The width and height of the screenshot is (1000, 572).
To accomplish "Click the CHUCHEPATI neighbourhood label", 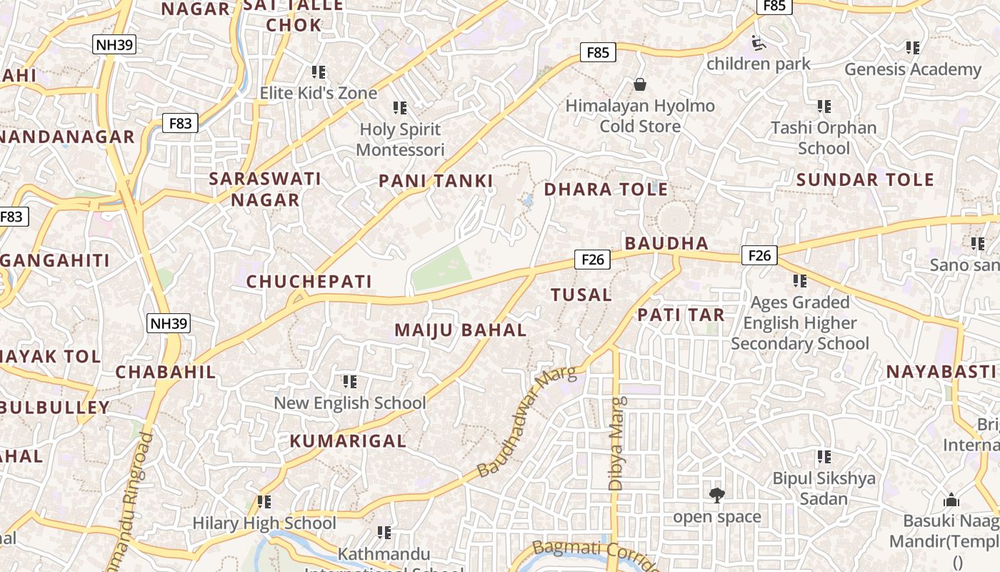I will point(309,282).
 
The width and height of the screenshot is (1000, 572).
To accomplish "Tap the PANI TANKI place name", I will point(436,181).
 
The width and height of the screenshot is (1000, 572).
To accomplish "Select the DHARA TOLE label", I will point(606,189).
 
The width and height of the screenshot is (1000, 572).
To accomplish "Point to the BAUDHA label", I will point(666,243).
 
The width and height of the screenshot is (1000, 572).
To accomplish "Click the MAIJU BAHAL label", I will point(461,330).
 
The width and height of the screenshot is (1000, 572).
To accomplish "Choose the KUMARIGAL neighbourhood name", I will point(348,441).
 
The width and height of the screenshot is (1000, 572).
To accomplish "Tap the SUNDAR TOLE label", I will point(865,179).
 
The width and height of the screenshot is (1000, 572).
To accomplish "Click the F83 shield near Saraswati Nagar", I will point(180,123).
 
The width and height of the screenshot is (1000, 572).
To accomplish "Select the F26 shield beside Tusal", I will point(593,259).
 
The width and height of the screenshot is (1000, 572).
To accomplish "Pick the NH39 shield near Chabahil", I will point(169,323).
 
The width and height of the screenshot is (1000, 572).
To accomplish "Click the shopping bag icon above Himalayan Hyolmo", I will point(639,85).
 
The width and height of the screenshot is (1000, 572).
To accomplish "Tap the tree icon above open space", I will point(716,494).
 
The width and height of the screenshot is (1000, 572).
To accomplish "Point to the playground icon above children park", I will point(759,44).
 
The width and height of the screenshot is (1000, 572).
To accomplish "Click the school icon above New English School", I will point(349,381).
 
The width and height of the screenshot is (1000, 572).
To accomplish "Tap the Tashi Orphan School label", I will point(824,138).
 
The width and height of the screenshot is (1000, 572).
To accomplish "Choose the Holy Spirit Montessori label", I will point(400,139).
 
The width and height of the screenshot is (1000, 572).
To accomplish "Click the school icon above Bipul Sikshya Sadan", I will point(824,456).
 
